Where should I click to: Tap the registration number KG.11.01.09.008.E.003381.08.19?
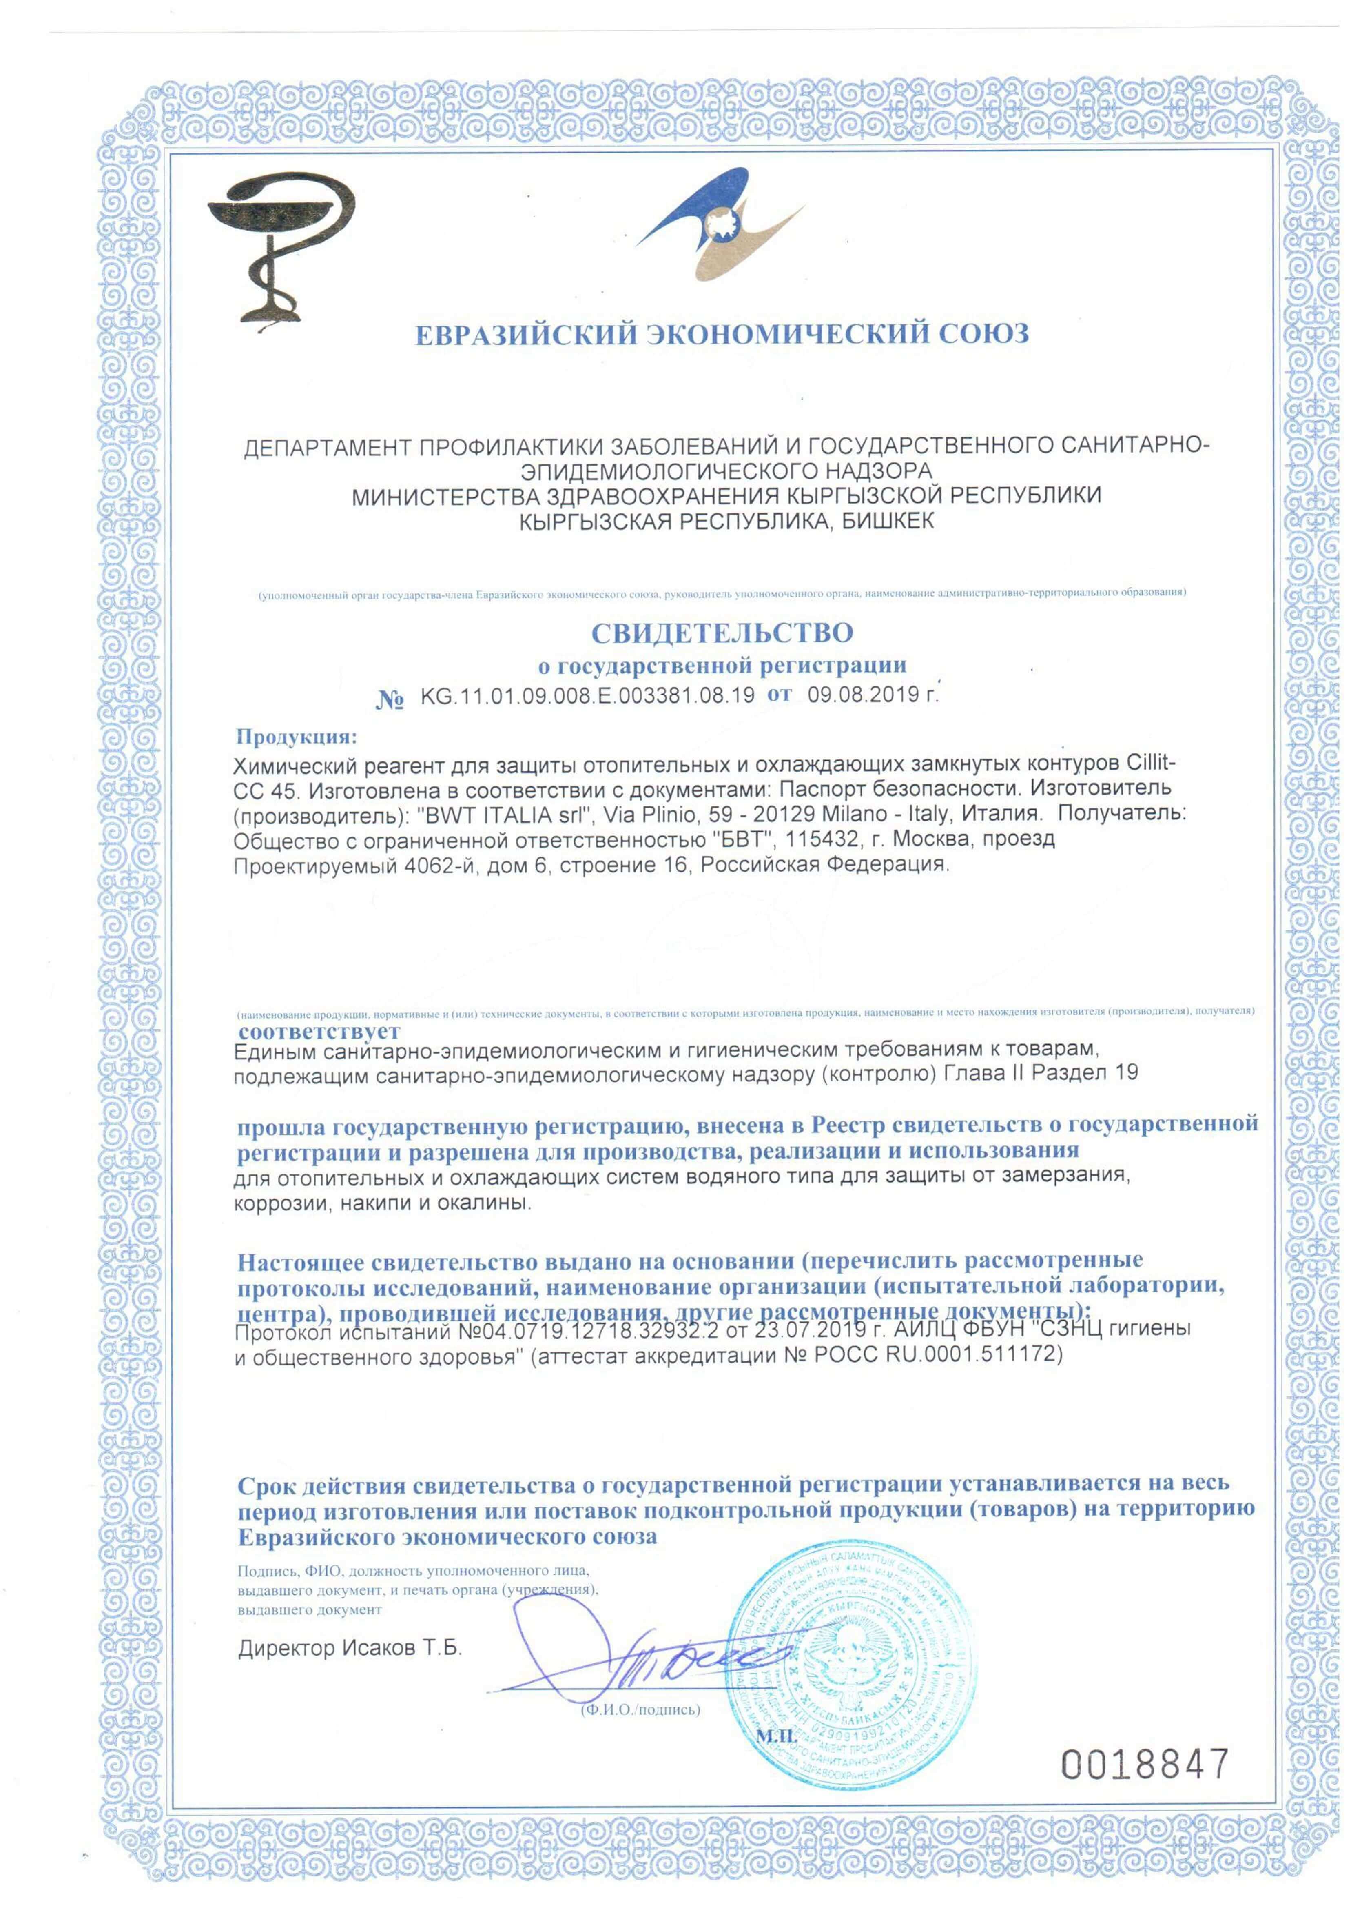point(587,696)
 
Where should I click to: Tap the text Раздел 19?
point(1085,1074)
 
